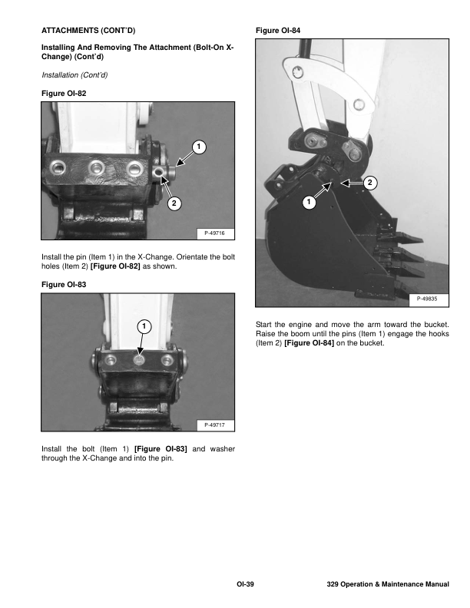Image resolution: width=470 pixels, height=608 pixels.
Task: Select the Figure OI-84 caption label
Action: click(x=277, y=30)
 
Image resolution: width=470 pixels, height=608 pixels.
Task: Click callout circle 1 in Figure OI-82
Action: click(x=197, y=146)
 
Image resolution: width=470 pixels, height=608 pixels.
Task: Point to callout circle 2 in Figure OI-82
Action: click(x=174, y=203)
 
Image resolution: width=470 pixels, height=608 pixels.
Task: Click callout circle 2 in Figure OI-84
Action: click(x=370, y=183)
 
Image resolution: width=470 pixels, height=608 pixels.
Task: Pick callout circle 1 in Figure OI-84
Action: click(x=308, y=203)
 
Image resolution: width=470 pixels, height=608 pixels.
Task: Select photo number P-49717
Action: click(x=218, y=425)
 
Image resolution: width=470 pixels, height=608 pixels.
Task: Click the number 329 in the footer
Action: click(x=333, y=586)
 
